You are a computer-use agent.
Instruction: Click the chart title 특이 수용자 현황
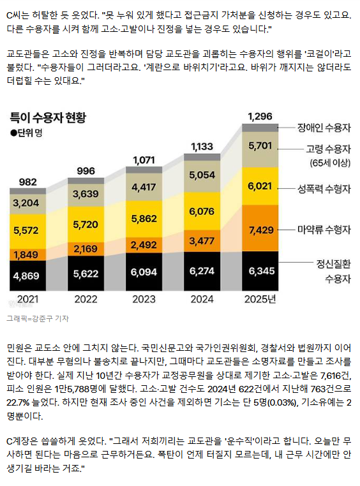pos(48,118)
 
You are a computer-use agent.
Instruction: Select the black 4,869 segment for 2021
pos(27,276)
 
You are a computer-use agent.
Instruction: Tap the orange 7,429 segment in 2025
pos(260,228)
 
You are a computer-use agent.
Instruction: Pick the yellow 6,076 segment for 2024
pos(202,211)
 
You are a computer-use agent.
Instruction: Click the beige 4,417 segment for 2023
pos(144,187)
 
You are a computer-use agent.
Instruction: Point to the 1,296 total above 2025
pos(260,117)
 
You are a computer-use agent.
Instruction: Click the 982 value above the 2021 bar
pos(28,182)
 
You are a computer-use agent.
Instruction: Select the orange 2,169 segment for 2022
pos(86,249)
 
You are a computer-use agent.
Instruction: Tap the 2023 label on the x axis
pos(144,299)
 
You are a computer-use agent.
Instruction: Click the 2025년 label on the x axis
pos(260,299)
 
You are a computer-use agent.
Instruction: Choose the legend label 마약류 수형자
pos(324,230)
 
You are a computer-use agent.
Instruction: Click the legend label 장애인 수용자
pos(324,128)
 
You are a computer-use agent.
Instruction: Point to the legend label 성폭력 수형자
pos(324,189)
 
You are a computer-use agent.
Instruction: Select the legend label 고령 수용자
pos(328,149)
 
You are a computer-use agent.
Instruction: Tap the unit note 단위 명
pos(26,133)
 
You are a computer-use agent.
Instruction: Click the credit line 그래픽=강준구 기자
pos(38,318)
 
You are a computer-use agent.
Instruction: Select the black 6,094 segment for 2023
pos(144,272)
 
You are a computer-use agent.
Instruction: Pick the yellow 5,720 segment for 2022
pos(86,224)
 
